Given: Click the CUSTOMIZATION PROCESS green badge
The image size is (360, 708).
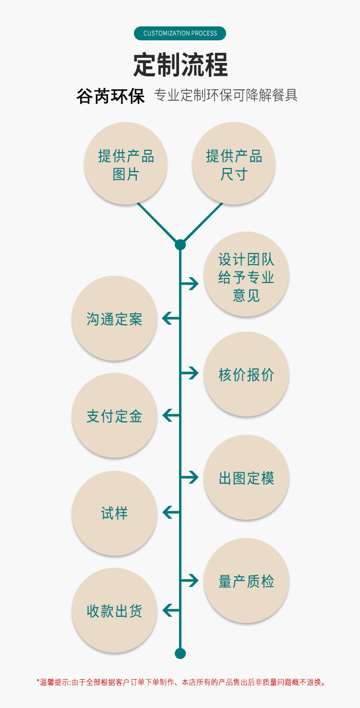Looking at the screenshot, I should click(x=180, y=33).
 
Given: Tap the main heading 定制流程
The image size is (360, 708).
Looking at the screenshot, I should click(x=180, y=64).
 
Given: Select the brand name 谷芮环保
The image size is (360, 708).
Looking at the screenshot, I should click(x=110, y=96).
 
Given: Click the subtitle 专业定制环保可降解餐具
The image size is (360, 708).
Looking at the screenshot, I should click(x=226, y=95).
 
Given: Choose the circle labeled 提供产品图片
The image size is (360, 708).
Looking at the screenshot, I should click(x=126, y=164).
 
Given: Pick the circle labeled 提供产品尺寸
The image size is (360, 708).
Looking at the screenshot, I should click(x=234, y=164).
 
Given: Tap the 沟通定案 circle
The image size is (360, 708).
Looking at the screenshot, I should click(x=114, y=318).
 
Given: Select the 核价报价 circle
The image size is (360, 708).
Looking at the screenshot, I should click(x=246, y=374).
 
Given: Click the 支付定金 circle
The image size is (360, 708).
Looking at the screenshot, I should click(x=114, y=415).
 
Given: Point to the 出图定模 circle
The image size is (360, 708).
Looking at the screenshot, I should click(x=246, y=477).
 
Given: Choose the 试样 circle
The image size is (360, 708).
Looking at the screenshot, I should click(x=114, y=513).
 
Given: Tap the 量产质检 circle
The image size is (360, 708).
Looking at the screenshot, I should click(x=246, y=581).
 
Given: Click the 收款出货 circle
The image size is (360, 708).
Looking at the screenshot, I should click(x=114, y=610).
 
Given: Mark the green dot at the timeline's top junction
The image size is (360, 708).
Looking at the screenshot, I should click(x=180, y=245).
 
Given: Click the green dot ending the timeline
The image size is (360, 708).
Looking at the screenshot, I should click(x=180, y=653).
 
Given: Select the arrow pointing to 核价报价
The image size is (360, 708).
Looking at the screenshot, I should click(x=190, y=373).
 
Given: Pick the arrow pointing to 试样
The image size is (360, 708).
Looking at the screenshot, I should click(x=171, y=513).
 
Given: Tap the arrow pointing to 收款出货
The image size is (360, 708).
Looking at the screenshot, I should click(x=171, y=610).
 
